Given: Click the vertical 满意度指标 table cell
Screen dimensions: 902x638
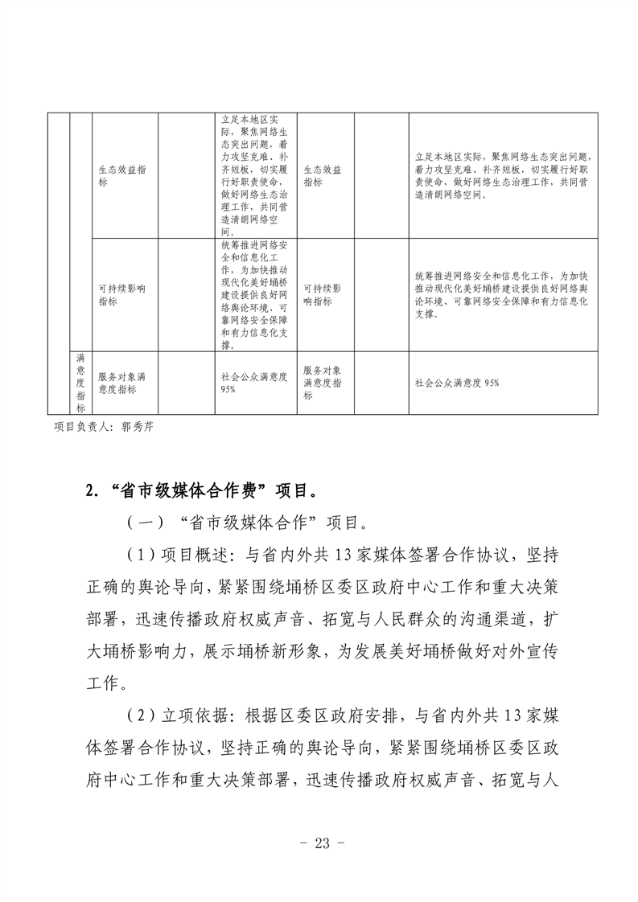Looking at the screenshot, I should [x=80, y=382].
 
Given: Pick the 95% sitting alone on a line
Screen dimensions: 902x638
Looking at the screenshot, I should [x=228, y=390].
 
